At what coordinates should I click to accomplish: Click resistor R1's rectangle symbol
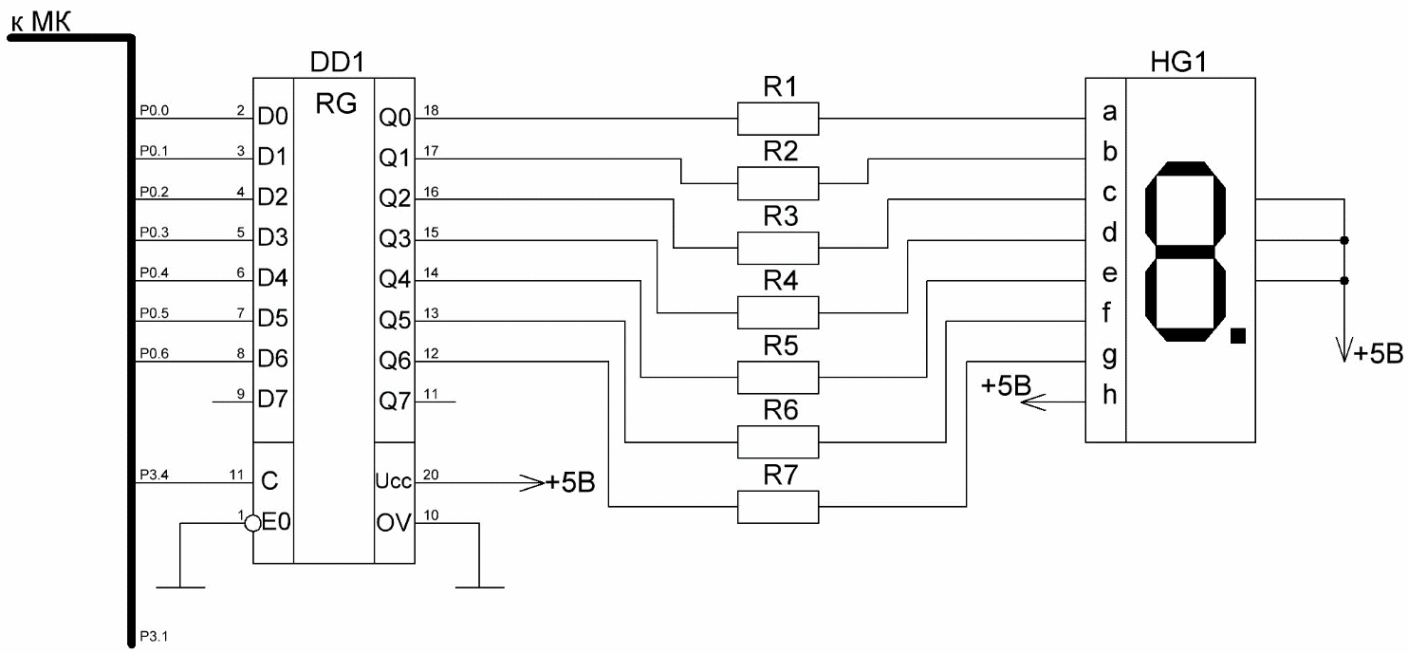tap(778, 119)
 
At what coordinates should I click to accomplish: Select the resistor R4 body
tap(778, 312)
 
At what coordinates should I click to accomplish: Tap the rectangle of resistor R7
tap(778, 507)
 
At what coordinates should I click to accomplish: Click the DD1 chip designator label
tap(337, 62)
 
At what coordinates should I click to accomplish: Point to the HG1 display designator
tap(1178, 62)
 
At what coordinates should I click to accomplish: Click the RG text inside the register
tap(336, 103)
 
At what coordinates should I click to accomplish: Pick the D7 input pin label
tap(272, 399)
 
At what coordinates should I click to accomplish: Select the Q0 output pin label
tap(395, 118)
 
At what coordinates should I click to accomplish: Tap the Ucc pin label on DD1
tap(393, 481)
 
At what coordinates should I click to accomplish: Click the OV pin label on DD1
tap(394, 523)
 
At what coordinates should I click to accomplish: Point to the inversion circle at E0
tap(252, 523)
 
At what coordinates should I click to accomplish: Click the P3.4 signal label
tap(154, 475)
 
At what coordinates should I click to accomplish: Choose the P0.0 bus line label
tap(154, 111)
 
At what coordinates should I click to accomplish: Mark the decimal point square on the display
tap(1237, 336)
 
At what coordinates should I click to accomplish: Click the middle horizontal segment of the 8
tap(1185, 252)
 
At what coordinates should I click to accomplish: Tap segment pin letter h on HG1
tap(1109, 394)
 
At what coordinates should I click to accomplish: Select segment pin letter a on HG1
tap(1109, 112)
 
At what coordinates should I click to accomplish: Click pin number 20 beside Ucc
tap(431, 475)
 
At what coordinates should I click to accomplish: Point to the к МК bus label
tap(41, 22)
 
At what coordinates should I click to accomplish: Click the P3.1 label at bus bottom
tap(154, 636)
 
